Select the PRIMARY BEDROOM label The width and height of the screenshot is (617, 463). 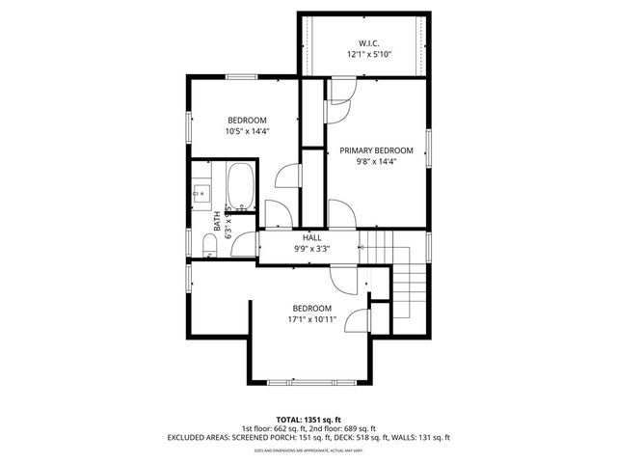pyautogui.click(x=376, y=150)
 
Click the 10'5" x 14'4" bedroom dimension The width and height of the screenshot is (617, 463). pyautogui.click(x=247, y=131)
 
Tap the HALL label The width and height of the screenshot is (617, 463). pyautogui.click(x=311, y=237)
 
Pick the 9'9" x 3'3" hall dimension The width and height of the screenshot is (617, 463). pyautogui.click(x=311, y=249)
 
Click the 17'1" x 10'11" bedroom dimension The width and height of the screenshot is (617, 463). pyautogui.click(x=311, y=320)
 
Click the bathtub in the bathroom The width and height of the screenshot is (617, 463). pyautogui.click(x=239, y=185)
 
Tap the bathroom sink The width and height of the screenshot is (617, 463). pyautogui.click(x=201, y=193)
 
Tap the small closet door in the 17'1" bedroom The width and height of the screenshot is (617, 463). pyautogui.click(x=360, y=320)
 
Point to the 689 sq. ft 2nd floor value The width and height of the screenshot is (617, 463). pyautogui.click(x=359, y=428)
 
